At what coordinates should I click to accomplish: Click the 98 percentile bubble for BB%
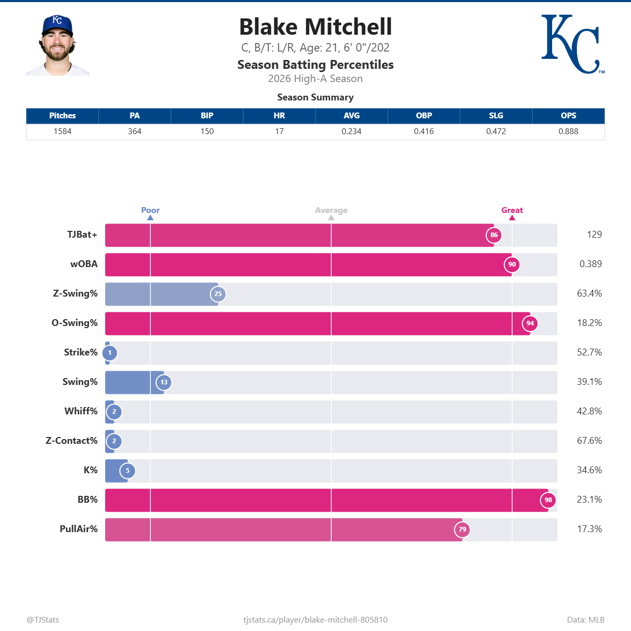pyautogui.click(x=548, y=500)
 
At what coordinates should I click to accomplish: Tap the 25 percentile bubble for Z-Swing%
pyautogui.click(x=218, y=294)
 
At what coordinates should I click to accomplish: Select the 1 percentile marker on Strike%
pyautogui.click(x=110, y=353)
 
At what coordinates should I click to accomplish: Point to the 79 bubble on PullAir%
pyautogui.click(x=462, y=530)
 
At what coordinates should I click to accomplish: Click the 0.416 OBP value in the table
pyautogui.click(x=424, y=131)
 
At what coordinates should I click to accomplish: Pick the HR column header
pyautogui.click(x=279, y=116)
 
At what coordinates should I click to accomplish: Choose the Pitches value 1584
pyautogui.click(x=63, y=131)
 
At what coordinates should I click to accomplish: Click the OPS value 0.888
pyautogui.click(x=568, y=131)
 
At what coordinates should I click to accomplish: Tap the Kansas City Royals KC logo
pyautogui.click(x=571, y=44)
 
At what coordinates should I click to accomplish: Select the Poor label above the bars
pyautogui.click(x=150, y=210)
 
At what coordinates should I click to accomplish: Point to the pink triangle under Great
pyautogui.click(x=512, y=218)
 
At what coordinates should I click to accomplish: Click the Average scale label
pyautogui.click(x=331, y=210)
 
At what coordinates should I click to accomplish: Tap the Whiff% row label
pyautogui.click(x=81, y=411)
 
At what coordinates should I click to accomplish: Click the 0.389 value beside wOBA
pyautogui.click(x=591, y=264)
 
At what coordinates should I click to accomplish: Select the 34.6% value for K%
pyautogui.click(x=589, y=470)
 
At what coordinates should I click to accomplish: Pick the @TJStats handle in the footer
pyautogui.click(x=43, y=620)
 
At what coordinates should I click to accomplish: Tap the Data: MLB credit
pyautogui.click(x=585, y=620)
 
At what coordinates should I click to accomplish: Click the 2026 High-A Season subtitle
pyautogui.click(x=315, y=78)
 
